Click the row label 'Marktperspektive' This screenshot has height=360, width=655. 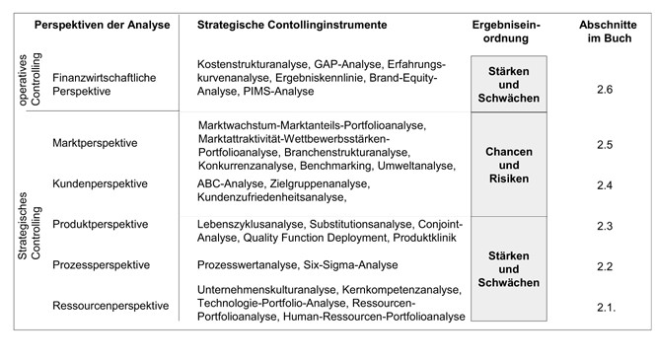coord(94,144)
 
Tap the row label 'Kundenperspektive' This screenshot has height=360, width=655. coord(100,183)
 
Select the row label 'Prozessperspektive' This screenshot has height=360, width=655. coord(101,265)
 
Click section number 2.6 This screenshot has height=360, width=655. coord(605,90)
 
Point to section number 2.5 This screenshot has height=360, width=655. coord(605,145)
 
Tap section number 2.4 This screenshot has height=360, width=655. coord(605,184)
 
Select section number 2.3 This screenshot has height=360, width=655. coord(605,226)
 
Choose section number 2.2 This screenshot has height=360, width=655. coord(605,266)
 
